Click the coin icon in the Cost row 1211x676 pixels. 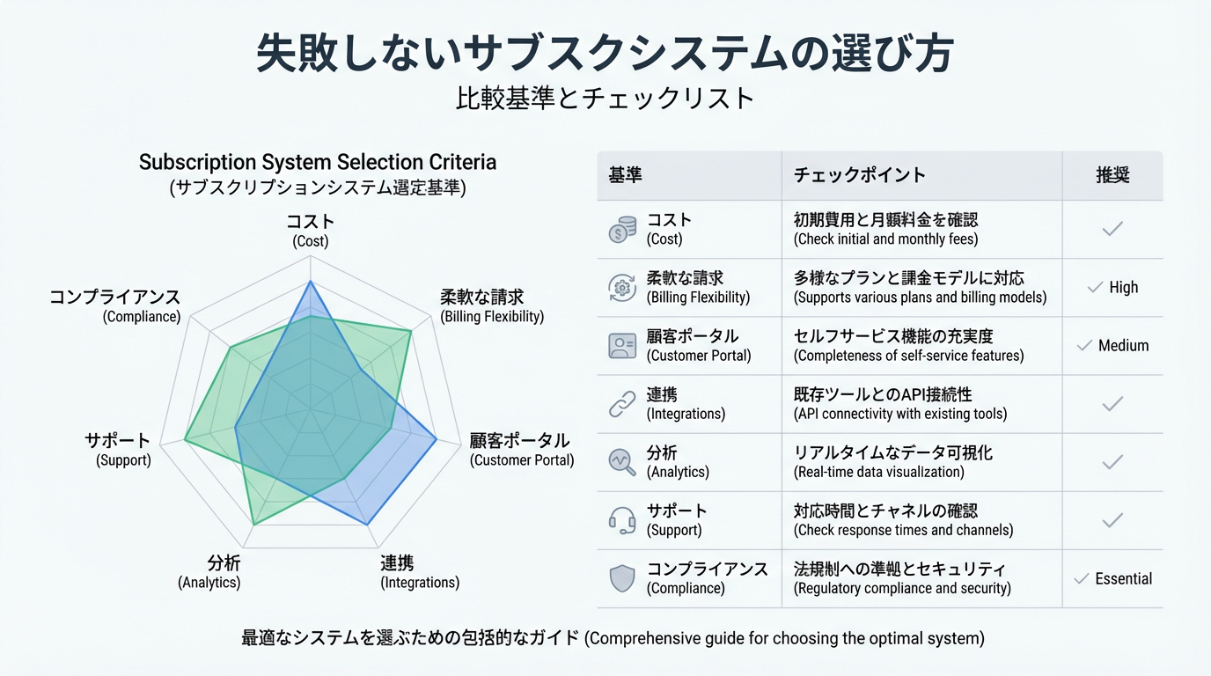[x=622, y=230]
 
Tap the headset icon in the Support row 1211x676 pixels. [x=622, y=520]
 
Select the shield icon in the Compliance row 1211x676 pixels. [x=622, y=578]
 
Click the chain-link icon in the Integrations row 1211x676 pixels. [x=622, y=404]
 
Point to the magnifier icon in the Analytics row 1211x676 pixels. [x=622, y=462]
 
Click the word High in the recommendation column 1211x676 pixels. [x=1123, y=288]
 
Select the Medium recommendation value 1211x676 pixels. [x=1123, y=346]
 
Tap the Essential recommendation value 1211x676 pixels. [x=1123, y=579]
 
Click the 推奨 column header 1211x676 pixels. [x=1112, y=175]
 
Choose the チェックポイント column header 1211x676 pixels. [x=859, y=175]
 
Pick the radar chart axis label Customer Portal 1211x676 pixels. [x=521, y=450]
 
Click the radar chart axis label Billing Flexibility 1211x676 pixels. [x=492, y=305]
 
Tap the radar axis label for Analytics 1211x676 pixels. [x=210, y=572]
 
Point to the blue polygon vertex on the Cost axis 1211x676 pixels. [x=310, y=282]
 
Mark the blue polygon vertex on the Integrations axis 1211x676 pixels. [x=368, y=525]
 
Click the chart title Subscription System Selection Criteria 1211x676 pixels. [x=318, y=163]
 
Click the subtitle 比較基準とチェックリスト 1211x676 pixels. [x=605, y=98]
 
